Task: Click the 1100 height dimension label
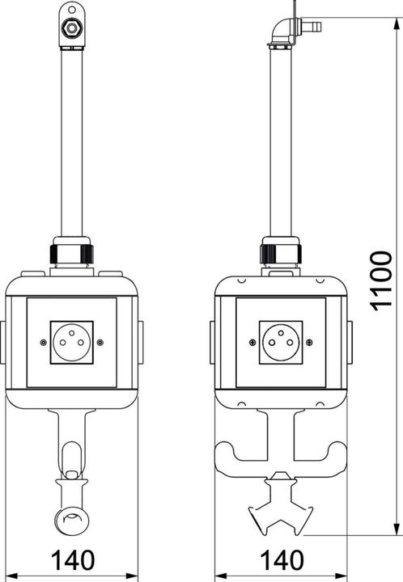pyautogui.click(x=381, y=280)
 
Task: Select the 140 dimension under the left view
pyautogui.click(x=73, y=560)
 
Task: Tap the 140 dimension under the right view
pyautogui.click(x=282, y=560)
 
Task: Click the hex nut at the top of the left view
pyautogui.click(x=70, y=27)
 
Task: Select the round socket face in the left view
pyautogui.click(x=72, y=342)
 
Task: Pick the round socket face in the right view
pyautogui.click(x=281, y=342)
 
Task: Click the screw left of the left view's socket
pyautogui.click(x=44, y=342)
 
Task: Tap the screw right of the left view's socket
pyautogui.click(x=100, y=342)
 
